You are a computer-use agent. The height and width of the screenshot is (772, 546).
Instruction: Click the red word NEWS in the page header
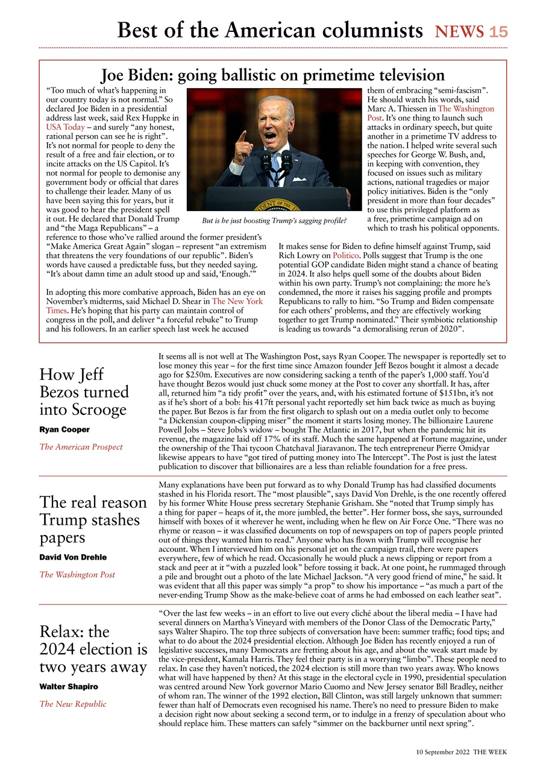(460, 31)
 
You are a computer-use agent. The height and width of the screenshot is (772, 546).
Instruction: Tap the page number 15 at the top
(498, 31)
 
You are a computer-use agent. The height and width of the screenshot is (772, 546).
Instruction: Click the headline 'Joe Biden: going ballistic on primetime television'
(272, 75)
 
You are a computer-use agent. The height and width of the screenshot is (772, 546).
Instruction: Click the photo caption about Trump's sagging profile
(274, 220)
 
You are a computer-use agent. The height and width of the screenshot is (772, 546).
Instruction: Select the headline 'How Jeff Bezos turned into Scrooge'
(84, 392)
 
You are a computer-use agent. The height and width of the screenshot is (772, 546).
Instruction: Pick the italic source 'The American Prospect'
(81, 447)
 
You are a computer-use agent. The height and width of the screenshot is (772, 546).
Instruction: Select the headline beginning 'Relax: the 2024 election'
(93, 649)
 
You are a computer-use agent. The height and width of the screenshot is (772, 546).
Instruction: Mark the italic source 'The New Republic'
(73, 704)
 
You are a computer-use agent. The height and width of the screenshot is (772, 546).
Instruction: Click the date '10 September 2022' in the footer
(442, 752)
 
